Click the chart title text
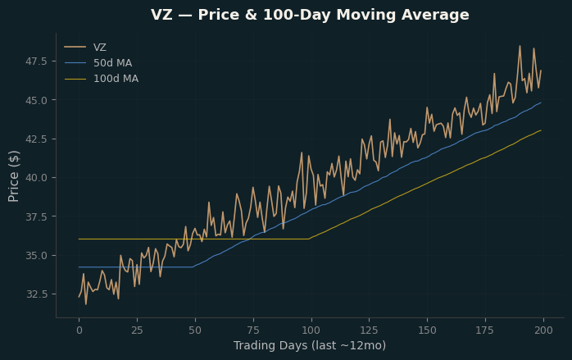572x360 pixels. coord(310,15)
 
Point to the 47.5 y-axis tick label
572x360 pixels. coord(36,62)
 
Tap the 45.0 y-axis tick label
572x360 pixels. coord(36,100)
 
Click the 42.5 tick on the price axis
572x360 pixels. coord(36,139)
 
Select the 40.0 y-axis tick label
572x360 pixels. coord(36,178)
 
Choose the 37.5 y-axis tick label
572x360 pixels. coord(36,216)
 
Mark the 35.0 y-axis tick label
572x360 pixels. coord(36,256)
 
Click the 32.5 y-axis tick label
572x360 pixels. coord(36,294)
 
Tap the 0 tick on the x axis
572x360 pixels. coord(79,330)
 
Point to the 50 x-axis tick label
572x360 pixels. coord(195,330)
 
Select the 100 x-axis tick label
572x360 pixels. coord(311,330)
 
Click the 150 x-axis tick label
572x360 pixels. coord(427,330)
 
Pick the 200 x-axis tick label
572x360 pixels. coord(543,330)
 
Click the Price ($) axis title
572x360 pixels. coord(13,176)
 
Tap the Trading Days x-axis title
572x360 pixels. coord(310,345)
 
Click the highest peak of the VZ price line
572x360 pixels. coord(520,46)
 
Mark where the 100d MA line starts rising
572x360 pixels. coord(309,239)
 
